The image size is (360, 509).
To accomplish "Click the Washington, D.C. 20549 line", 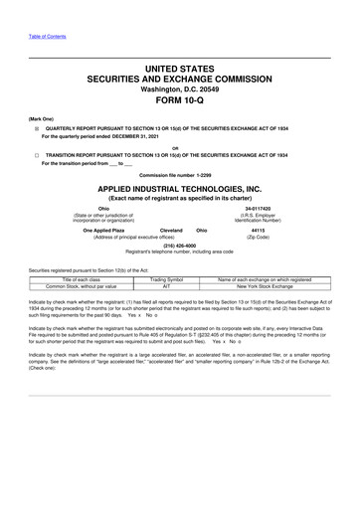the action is tap(179, 85).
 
